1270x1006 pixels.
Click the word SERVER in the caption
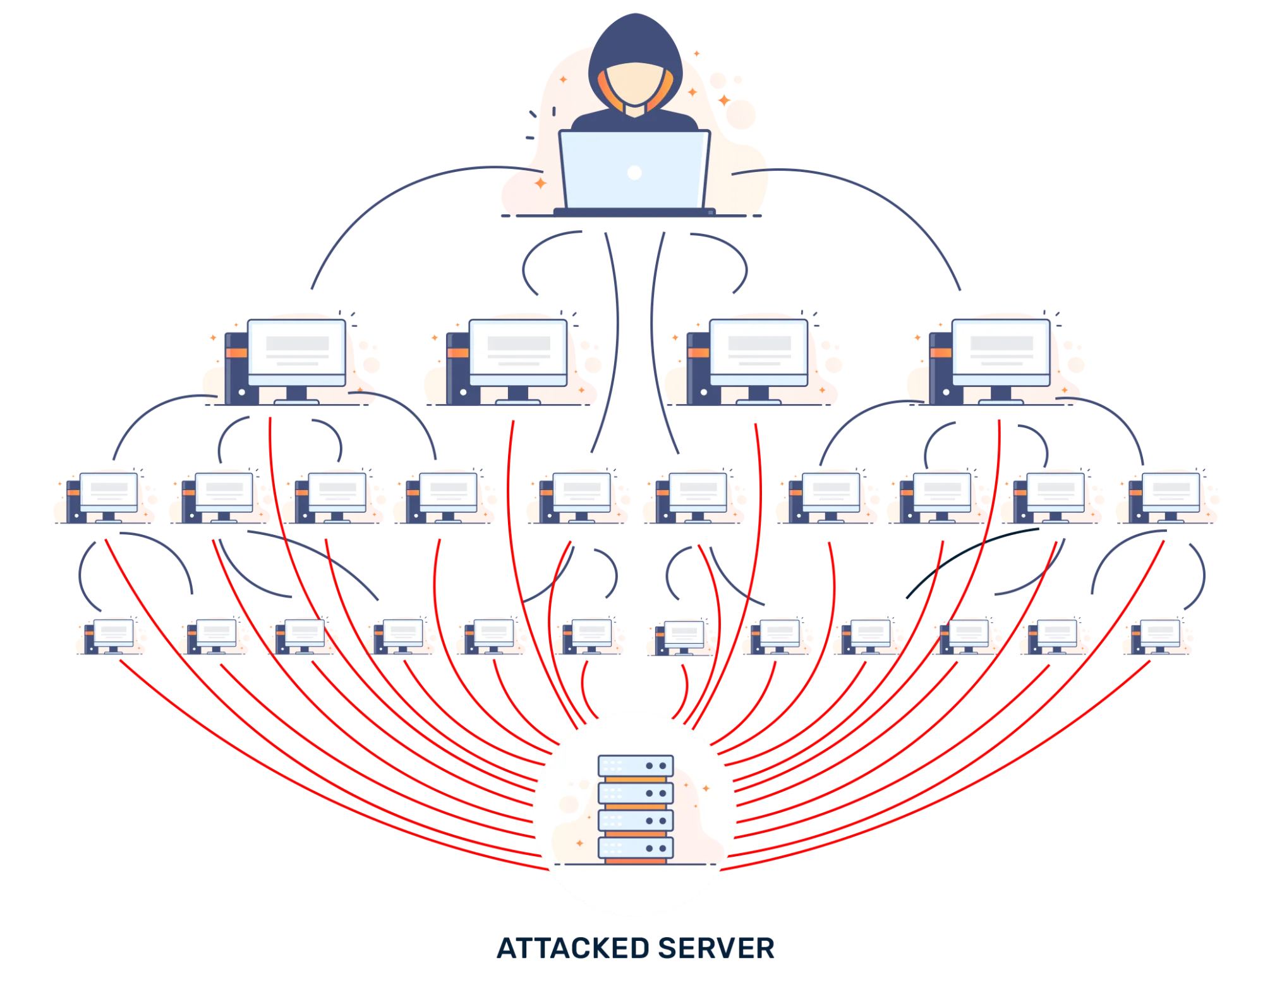point(717,948)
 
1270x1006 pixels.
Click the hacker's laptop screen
point(634,169)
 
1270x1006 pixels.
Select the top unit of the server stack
point(636,766)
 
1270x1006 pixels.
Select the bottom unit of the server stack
point(636,848)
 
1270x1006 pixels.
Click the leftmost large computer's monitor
point(296,352)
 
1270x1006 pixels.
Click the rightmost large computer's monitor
point(1001,352)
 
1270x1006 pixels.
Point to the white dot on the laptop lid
point(634,173)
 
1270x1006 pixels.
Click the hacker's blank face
point(635,83)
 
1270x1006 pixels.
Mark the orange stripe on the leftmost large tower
point(236,353)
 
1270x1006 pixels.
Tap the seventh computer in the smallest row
point(680,638)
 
